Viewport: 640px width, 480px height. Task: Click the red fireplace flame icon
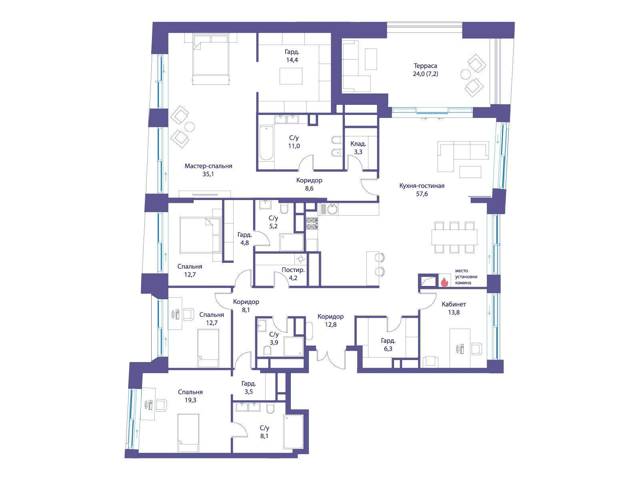pyautogui.click(x=444, y=282)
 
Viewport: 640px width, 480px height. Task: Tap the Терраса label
pyautogui.click(x=425, y=66)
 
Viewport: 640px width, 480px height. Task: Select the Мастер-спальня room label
pyautogui.click(x=208, y=166)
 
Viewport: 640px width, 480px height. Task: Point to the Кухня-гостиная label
pyautogui.click(x=422, y=186)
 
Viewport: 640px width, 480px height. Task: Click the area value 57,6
pyautogui.click(x=422, y=194)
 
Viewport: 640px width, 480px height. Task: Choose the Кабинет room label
pyautogui.click(x=454, y=304)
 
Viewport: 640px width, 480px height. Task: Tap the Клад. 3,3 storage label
pyautogui.click(x=358, y=148)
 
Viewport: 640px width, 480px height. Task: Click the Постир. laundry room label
pyautogui.click(x=293, y=270)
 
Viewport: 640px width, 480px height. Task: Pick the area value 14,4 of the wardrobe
pyautogui.click(x=292, y=60)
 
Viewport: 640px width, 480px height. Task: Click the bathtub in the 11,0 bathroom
pyautogui.click(x=266, y=143)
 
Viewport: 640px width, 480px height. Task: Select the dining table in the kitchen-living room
pyautogui.click(x=454, y=237)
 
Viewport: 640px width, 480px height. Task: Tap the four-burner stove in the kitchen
pyautogui.click(x=311, y=224)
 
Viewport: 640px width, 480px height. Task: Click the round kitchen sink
pyautogui.click(x=332, y=209)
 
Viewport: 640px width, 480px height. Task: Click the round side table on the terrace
pyautogui.click(x=465, y=74)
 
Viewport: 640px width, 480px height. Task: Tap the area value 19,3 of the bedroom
pyautogui.click(x=190, y=400)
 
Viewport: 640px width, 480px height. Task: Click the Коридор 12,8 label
pyautogui.click(x=331, y=320)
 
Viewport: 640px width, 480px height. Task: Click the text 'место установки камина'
pyautogui.click(x=466, y=276)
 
